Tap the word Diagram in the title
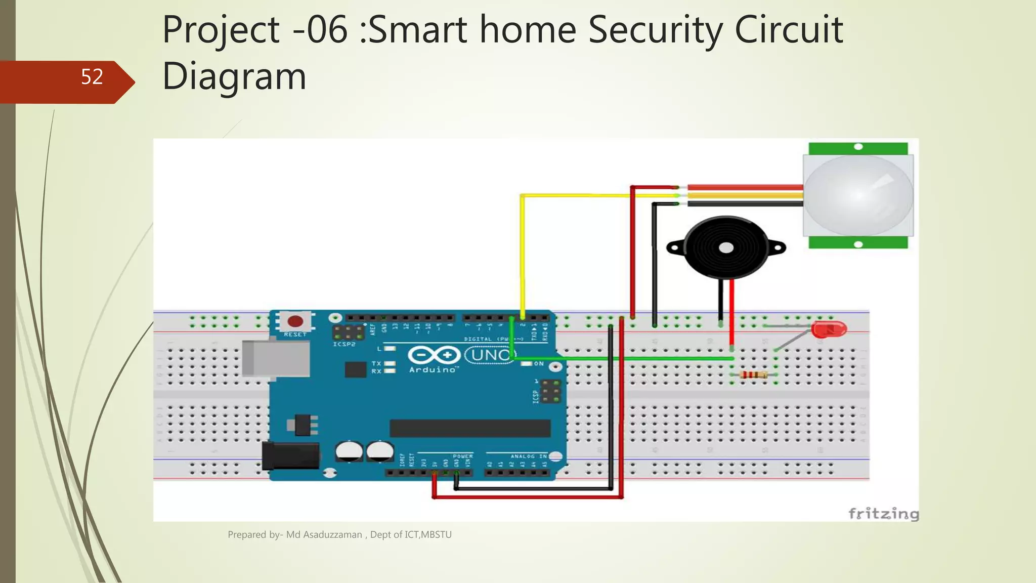click(x=234, y=76)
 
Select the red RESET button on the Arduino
click(x=295, y=321)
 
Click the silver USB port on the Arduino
click(x=276, y=359)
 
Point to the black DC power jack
click(x=290, y=455)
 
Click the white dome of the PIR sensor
click(x=858, y=195)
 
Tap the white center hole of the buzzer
click(x=726, y=247)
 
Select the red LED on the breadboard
click(x=828, y=330)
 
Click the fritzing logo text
click(x=883, y=514)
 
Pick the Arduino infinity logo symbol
click(x=434, y=355)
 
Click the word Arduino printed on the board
click(x=433, y=370)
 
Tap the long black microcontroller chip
click(x=469, y=428)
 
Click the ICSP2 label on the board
click(x=344, y=344)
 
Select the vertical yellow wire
click(x=522, y=253)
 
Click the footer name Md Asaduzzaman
click(x=324, y=534)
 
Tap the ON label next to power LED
click(x=539, y=363)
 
